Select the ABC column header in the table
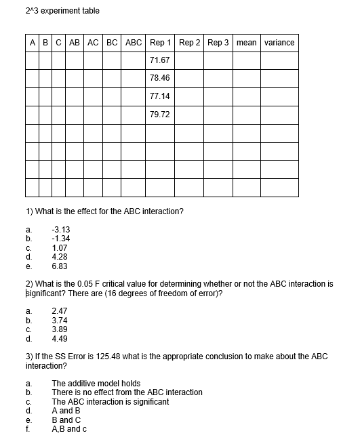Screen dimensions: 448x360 (134, 43)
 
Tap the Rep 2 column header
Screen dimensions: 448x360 (190, 43)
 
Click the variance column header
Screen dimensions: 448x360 (279, 43)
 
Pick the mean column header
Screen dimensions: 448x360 (247, 43)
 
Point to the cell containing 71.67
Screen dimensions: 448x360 (159, 61)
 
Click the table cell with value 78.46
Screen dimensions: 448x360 (159, 79)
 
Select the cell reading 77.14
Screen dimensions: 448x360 (159, 97)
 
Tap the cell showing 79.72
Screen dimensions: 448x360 (159, 115)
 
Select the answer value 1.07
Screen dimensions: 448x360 (61, 247)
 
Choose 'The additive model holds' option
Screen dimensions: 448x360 (96, 384)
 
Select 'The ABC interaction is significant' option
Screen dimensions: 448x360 (111, 401)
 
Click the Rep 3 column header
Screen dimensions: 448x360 (218, 43)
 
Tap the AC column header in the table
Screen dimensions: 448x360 (94, 43)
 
